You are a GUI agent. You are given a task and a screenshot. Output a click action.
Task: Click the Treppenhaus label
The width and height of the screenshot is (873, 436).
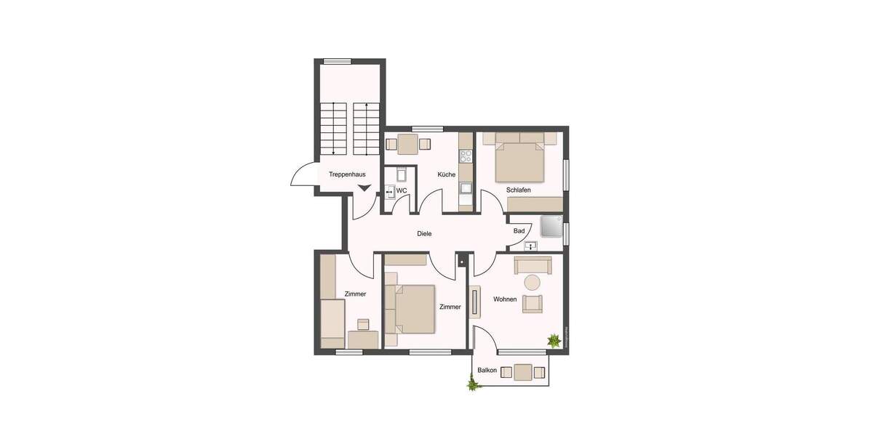click(347, 175)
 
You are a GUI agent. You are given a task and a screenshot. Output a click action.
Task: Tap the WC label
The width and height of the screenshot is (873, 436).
click(401, 191)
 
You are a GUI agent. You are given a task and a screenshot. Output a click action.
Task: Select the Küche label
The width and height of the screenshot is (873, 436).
click(446, 175)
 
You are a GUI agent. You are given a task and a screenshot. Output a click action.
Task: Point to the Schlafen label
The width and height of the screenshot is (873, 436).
click(519, 190)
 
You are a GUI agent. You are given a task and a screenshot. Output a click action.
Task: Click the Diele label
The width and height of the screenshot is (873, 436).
click(424, 234)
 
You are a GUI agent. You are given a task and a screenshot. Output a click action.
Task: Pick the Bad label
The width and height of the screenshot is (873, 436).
click(519, 231)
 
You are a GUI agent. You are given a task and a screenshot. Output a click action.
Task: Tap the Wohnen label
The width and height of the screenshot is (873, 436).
click(505, 299)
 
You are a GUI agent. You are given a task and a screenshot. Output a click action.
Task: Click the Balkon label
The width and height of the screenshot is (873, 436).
click(487, 371)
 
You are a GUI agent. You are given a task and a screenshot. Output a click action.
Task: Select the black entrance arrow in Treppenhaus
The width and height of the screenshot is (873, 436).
click(364, 189)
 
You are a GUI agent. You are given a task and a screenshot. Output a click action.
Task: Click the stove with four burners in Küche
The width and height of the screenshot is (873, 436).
click(466, 156)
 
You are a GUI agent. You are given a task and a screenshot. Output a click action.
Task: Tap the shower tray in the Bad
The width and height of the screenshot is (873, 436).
click(551, 227)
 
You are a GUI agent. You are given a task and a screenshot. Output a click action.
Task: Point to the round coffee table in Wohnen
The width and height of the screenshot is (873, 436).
click(533, 283)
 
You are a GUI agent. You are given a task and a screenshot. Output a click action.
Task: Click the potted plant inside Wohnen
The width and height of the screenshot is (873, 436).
click(554, 339)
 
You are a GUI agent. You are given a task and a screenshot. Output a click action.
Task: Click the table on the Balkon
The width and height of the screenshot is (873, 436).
click(522, 372)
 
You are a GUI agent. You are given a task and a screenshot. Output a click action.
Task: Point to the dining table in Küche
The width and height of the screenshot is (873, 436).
click(408, 143)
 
